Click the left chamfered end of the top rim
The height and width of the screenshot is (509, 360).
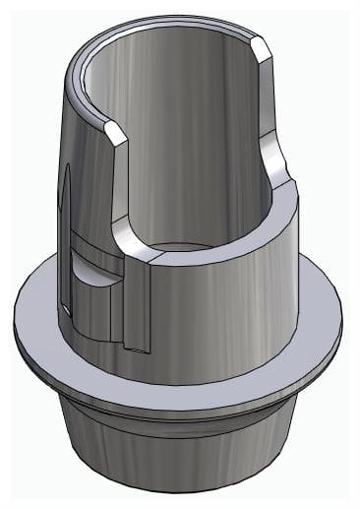115,130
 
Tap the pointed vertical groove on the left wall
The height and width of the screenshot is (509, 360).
65,197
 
